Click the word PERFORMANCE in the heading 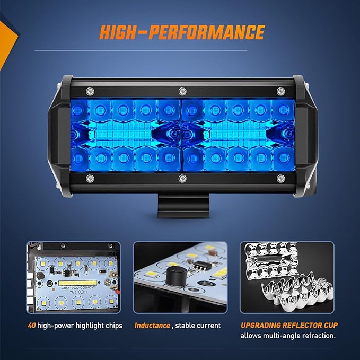207,32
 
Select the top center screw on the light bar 181,90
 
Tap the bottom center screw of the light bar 181,178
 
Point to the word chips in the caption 112,326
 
